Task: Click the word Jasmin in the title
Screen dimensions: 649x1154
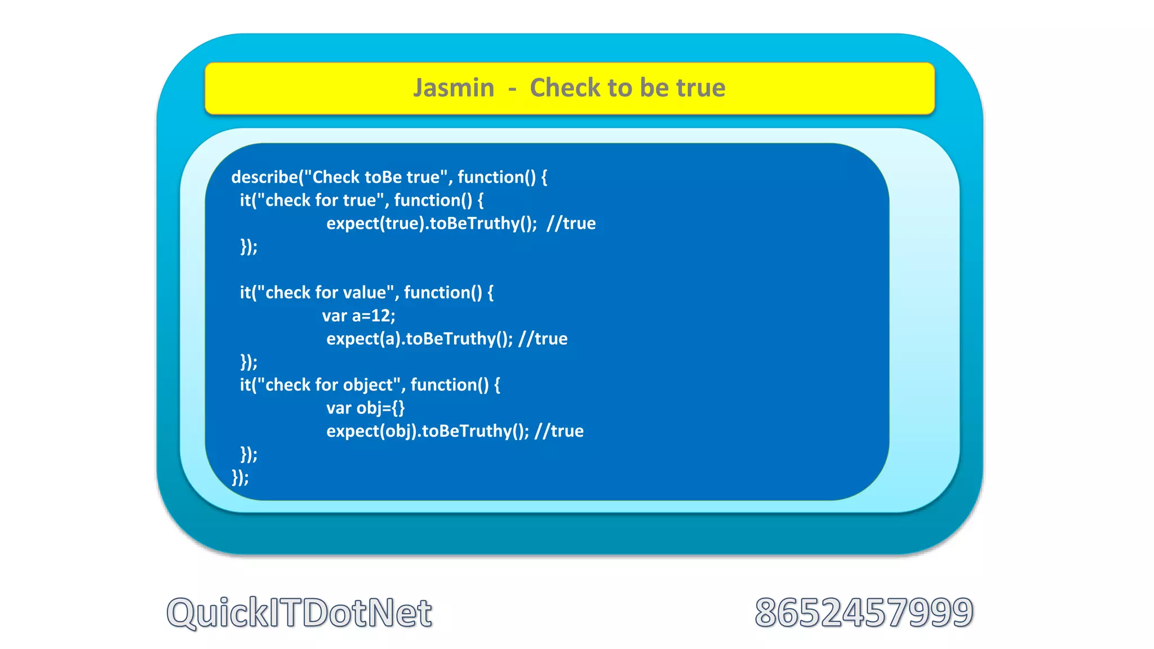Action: pos(454,88)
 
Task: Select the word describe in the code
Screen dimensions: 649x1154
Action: pos(264,177)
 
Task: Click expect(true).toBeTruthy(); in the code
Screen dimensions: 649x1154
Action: pos(432,224)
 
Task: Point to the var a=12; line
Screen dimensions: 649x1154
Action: pos(359,315)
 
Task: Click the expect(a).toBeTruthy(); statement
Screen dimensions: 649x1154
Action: pos(420,339)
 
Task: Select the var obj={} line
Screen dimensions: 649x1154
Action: pos(366,408)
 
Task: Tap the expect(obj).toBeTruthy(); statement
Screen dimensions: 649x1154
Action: pos(428,431)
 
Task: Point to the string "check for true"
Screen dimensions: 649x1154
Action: pos(319,200)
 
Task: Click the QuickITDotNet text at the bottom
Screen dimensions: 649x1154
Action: pos(299,612)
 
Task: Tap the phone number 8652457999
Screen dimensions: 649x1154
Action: pos(864,612)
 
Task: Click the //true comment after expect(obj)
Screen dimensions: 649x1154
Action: pos(559,431)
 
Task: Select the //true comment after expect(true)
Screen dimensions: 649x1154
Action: pos(571,224)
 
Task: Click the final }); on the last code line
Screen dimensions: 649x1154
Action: pos(240,477)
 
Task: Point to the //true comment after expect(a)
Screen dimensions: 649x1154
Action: pos(543,339)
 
